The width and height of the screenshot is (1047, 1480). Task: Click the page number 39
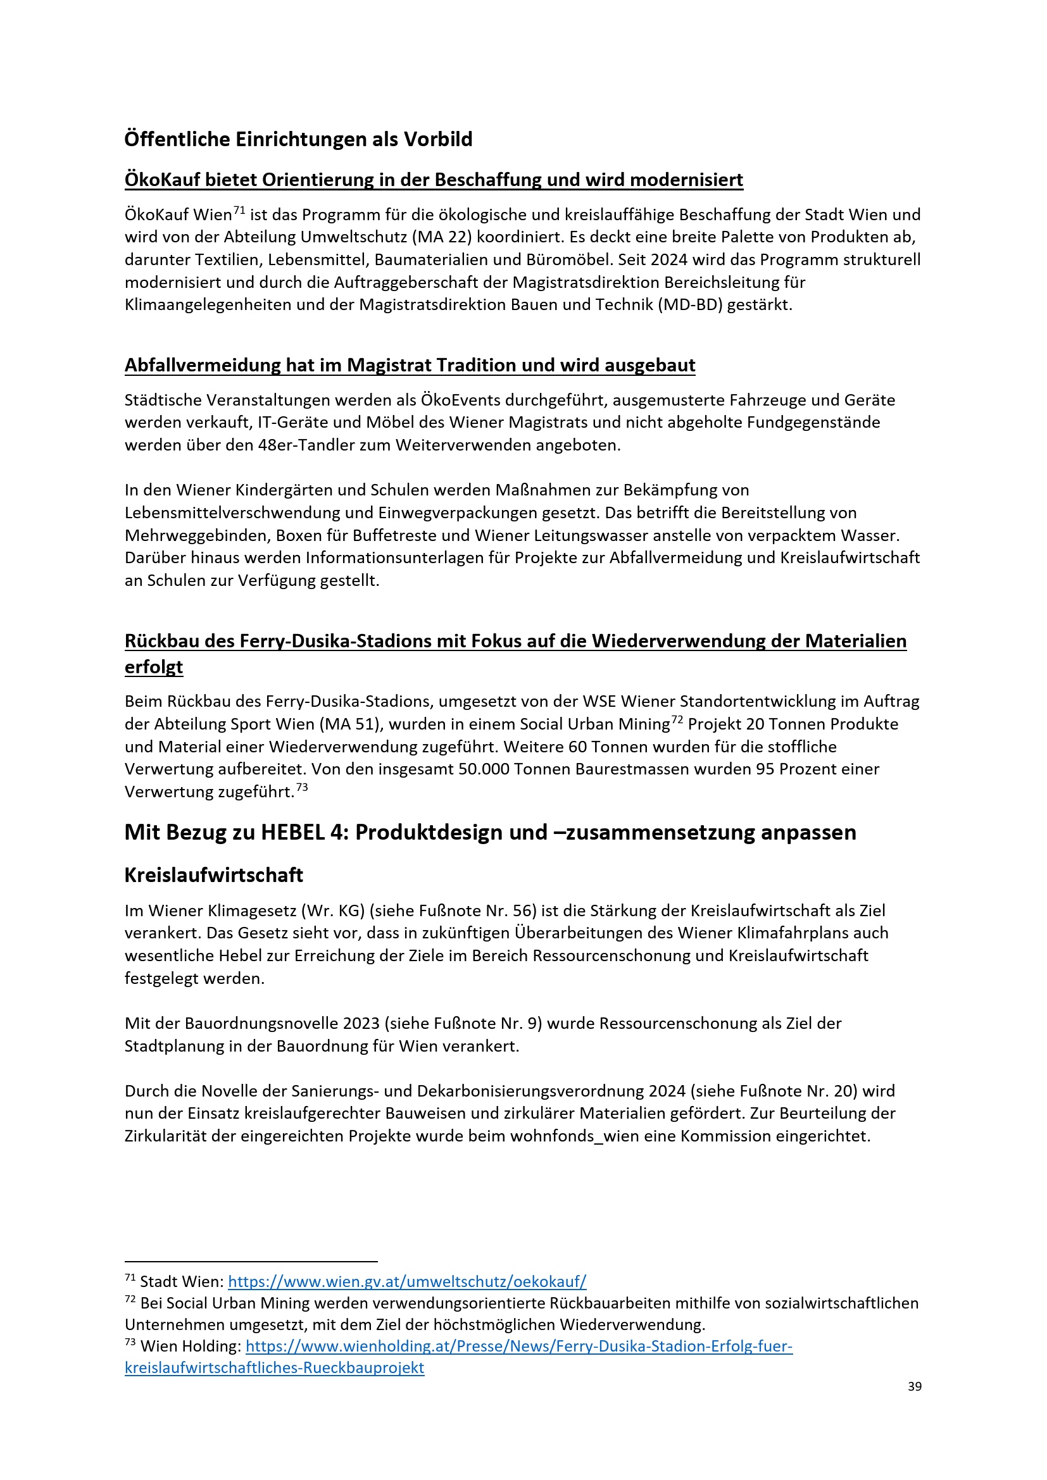tap(914, 1386)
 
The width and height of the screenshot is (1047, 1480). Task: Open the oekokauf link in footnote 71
tap(407, 1281)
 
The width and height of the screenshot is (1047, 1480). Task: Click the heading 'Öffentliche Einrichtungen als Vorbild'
tap(298, 139)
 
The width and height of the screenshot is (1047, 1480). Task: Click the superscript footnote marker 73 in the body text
tap(302, 788)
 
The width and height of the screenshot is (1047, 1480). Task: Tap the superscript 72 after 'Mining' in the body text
tap(676, 720)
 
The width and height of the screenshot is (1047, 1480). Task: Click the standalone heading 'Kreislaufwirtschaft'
tap(213, 875)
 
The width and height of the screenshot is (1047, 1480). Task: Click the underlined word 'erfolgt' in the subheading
tap(153, 667)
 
